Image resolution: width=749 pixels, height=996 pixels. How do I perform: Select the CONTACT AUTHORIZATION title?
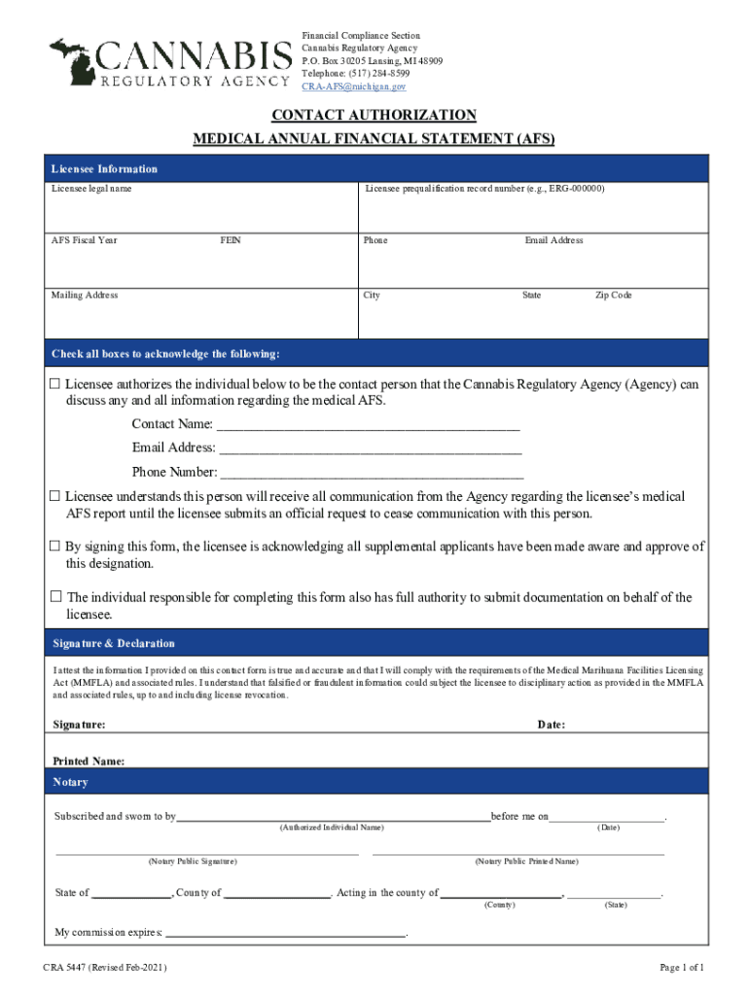point(374,115)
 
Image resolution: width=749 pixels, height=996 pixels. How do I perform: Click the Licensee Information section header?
point(104,169)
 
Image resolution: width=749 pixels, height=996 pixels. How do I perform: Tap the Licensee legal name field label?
point(91,189)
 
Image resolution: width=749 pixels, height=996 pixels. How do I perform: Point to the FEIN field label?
point(231,240)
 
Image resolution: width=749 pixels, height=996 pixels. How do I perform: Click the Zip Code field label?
point(613,295)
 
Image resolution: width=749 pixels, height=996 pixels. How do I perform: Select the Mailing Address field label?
point(85,295)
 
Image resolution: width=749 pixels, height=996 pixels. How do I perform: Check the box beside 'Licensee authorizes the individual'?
point(55,384)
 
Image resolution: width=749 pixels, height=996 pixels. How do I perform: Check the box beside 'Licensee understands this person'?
point(55,497)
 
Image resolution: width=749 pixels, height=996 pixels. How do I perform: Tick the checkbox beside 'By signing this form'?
point(55,547)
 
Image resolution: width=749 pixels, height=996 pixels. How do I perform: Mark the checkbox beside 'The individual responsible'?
point(55,596)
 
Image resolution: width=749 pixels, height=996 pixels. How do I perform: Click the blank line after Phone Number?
point(372,474)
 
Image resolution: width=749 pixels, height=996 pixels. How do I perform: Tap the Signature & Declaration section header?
point(113,644)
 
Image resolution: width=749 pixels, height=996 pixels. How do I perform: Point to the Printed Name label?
point(88,762)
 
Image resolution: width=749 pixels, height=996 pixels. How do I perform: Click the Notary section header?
point(71,782)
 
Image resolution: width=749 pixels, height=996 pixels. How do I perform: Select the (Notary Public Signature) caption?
point(192,862)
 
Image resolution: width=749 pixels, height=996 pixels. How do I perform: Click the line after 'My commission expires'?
point(286,932)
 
